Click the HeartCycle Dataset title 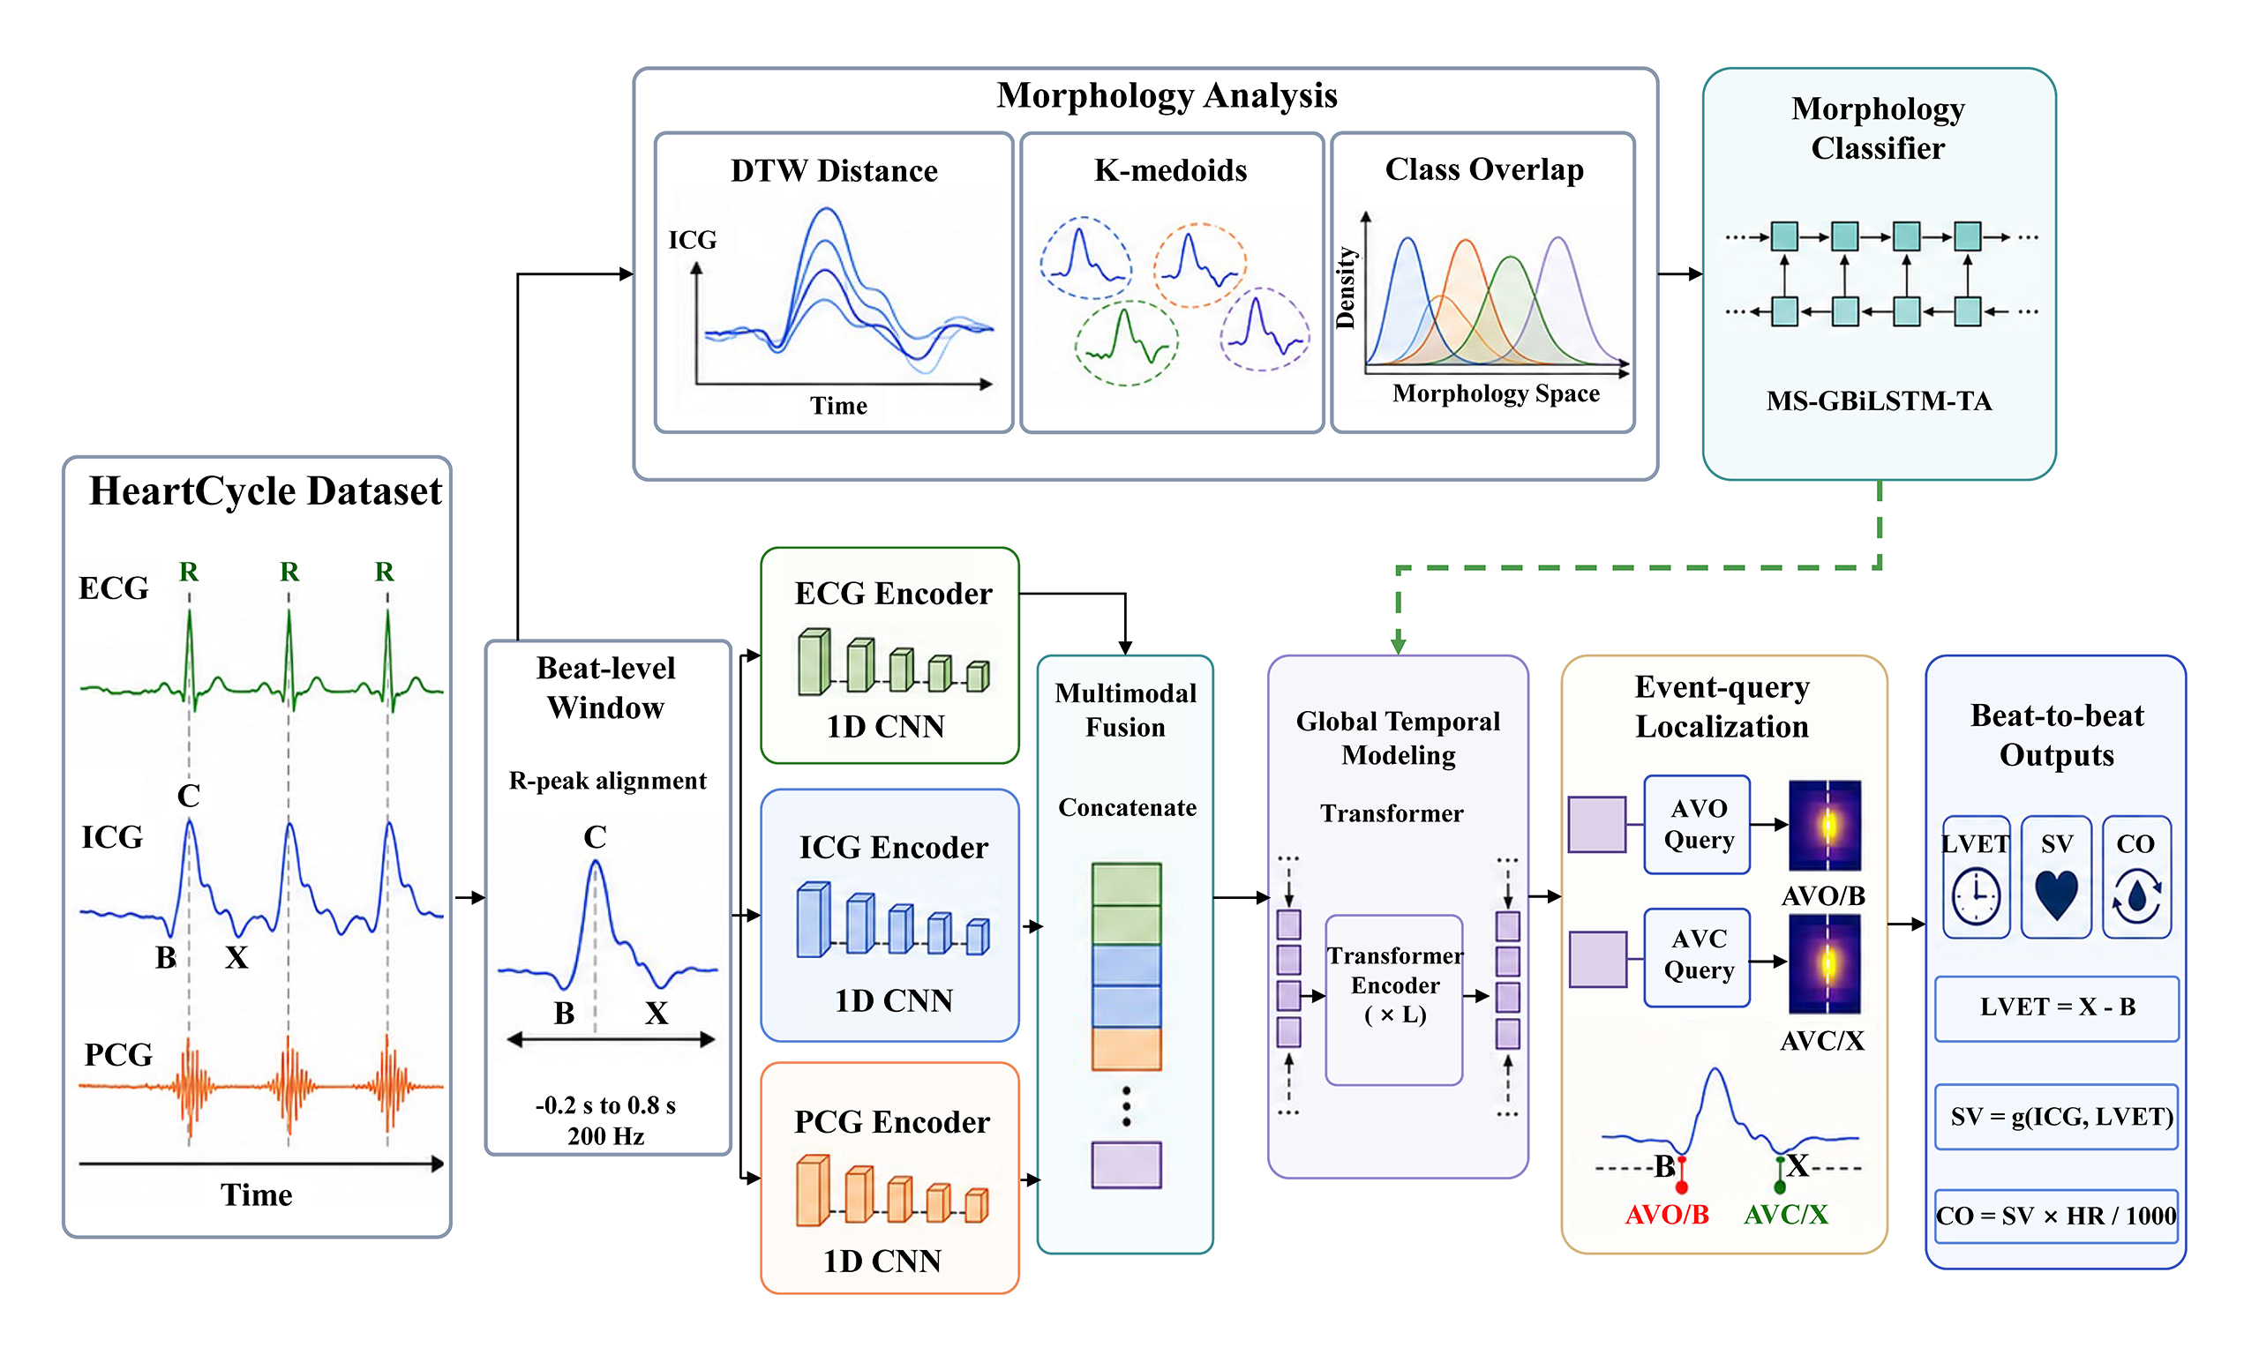(x=265, y=491)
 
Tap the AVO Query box (x=1697, y=825)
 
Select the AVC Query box (x=1697, y=957)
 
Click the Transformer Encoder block (x=1394, y=999)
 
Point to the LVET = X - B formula (x=2056, y=1008)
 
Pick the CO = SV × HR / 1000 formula (x=2056, y=1217)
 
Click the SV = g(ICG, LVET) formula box (x=2056, y=1117)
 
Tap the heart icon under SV (x=2056, y=894)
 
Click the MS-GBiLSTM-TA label (x=1880, y=401)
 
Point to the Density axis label (x=1345, y=287)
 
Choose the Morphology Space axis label (x=1496, y=393)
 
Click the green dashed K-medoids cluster (x=1126, y=343)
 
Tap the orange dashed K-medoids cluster (x=1199, y=265)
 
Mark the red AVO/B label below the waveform (x=1666, y=1215)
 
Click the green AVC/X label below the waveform (x=1785, y=1215)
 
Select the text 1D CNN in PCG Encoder (x=882, y=1261)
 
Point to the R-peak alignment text (x=607, y=781)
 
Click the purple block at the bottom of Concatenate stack (x=1126, y=1164)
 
